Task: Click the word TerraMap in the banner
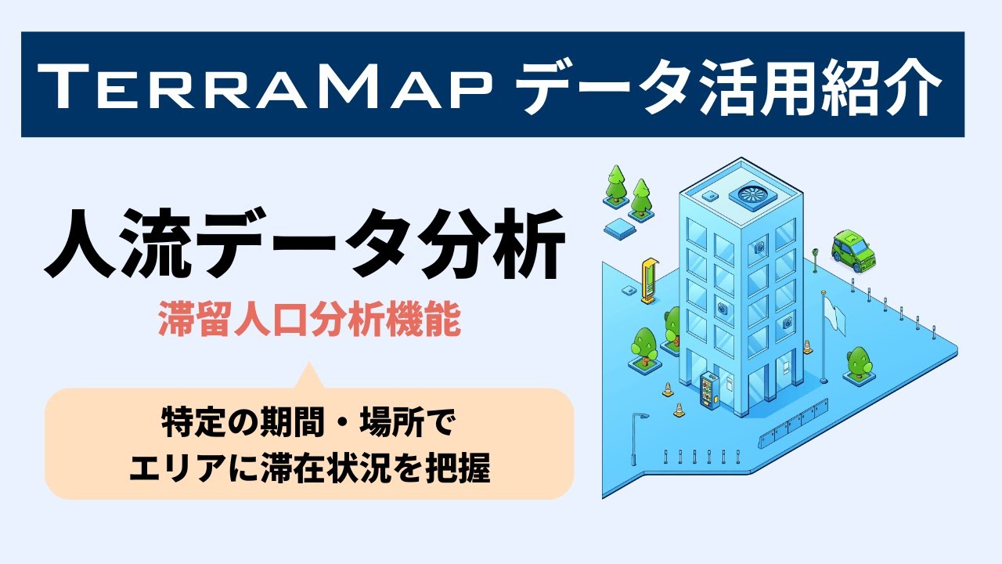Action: pyautogui.click(x=265, y=86)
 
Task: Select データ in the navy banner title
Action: pyautogui.click(x=603, y=85)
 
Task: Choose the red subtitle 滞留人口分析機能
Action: pyautogui.click(x=309, y=319)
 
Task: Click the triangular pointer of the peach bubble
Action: pyautogui.click(x=308, y=375)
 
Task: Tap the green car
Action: pyautogui.click(x=853, y=251)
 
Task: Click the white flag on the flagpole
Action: pyautogui.click(x=835, y=316)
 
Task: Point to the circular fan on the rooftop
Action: pyautogui.click(x=752, y=194)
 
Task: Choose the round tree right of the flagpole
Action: pyautogui.click(x=860, y=363)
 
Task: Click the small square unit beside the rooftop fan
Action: pyautogui.click(x=710, y=196)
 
